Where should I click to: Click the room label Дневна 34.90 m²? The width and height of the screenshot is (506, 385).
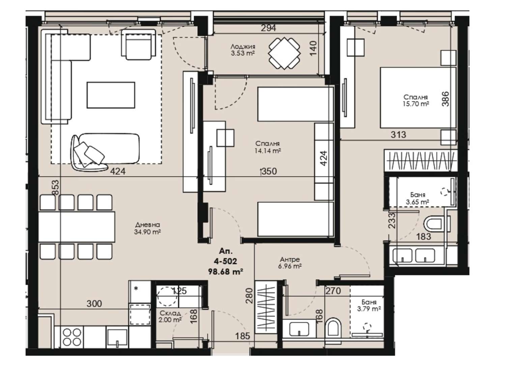click(147, 228)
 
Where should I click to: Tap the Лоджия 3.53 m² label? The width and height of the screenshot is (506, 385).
click(243, 50)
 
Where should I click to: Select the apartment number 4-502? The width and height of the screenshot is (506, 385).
click(225, 261)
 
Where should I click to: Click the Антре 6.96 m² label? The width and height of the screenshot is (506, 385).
click(290, 263)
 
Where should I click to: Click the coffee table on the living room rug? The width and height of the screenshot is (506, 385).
click(111, 95)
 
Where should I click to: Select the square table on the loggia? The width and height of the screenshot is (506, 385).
click(284, 53)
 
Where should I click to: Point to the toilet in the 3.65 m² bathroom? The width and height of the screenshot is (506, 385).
click(437, 224)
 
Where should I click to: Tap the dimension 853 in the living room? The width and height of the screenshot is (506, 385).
click(55, 187)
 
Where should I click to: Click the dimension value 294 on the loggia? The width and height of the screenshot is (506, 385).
click(268, 28)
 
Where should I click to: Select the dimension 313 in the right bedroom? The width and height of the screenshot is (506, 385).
click(398, 134)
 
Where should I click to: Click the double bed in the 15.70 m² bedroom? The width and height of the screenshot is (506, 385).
click(418, 98)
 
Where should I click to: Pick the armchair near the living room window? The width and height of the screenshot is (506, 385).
click(138, 44)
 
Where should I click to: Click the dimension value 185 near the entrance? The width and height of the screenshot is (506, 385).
click(243, 336)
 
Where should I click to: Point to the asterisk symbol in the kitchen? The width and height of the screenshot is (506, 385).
click(136, 288)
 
